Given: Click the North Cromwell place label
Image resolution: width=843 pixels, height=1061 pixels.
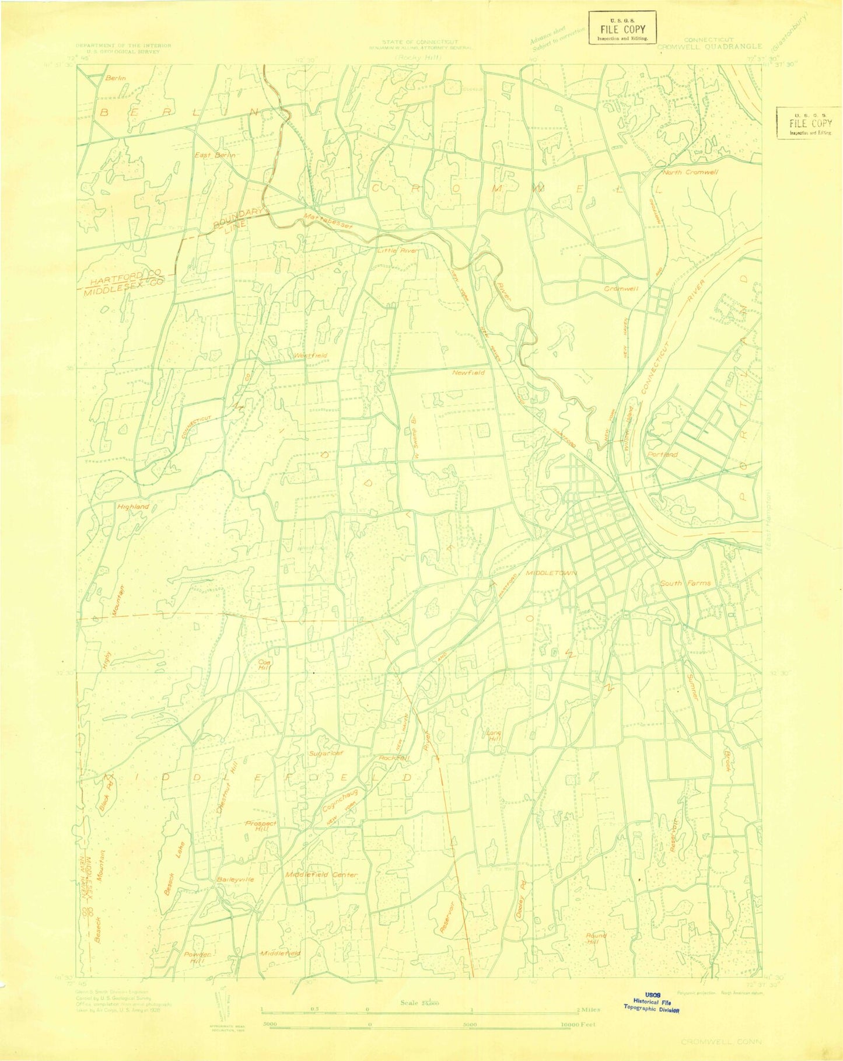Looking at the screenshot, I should point(690,173).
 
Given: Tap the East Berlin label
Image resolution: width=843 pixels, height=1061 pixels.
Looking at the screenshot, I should point(215,155).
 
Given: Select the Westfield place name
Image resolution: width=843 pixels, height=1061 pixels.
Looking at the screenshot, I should point(310,355).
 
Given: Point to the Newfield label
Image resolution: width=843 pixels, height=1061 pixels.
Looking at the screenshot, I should point(468,372).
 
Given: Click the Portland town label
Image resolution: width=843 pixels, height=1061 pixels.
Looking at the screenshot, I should point(662,454).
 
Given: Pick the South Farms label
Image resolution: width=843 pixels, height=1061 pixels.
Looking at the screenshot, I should point(685,583).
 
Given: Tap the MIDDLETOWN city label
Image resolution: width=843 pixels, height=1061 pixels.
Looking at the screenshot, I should point(551,574).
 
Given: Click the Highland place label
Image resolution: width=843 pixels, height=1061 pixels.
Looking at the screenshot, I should point(133,507).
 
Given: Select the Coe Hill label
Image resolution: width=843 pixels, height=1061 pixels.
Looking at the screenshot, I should point(265,665).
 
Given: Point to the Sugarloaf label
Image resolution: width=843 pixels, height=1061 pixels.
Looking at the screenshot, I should point(325,753).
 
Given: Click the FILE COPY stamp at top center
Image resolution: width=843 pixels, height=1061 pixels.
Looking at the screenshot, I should point(622,27).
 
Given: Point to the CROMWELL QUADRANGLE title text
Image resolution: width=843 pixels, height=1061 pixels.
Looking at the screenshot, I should point(709,46).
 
